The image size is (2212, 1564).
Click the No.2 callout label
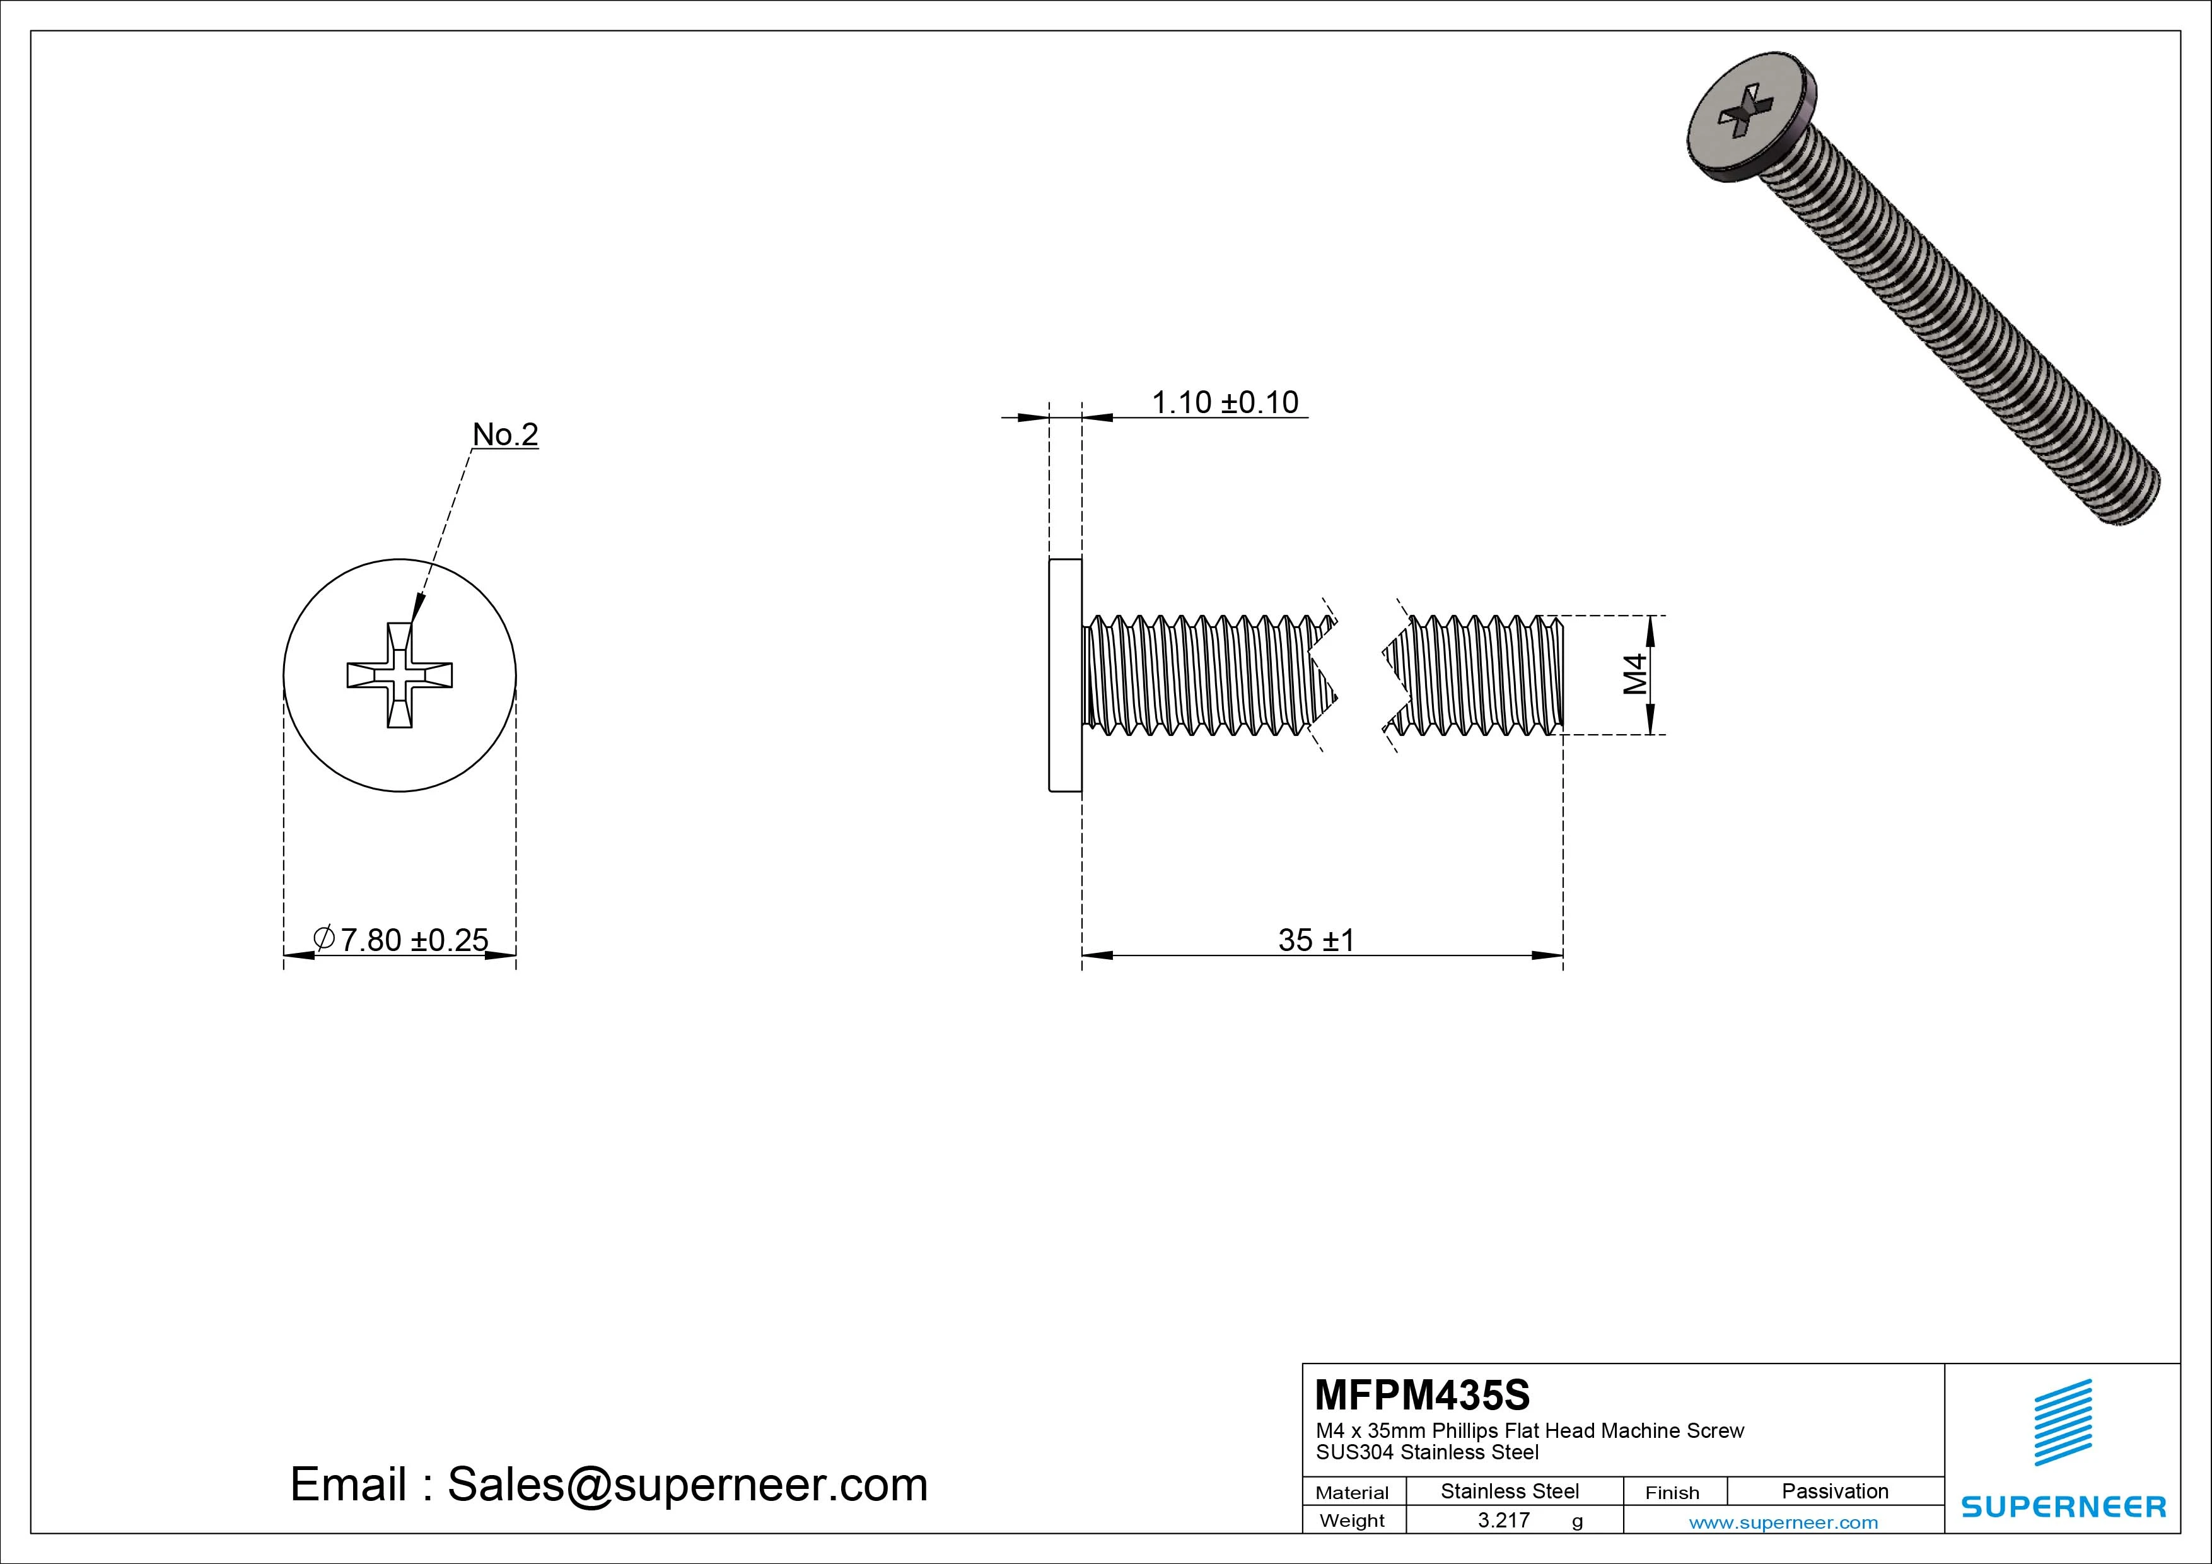505,435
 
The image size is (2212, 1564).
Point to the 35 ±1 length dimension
1316,940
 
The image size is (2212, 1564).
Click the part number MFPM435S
1422,1394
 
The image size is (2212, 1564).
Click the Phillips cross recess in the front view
400,675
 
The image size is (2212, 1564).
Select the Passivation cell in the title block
1834,1491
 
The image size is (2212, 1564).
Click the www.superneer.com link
1783,1522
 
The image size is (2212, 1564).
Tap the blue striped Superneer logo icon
2063,1422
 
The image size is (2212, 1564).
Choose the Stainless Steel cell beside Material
1510,1491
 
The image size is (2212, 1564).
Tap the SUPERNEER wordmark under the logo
2063,1506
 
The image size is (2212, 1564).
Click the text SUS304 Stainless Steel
1427,1452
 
